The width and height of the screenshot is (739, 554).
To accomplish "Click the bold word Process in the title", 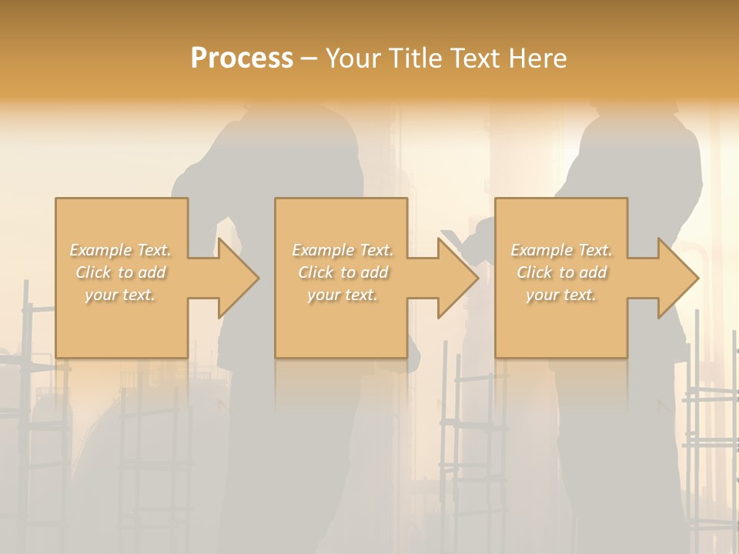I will [x=242, y=58].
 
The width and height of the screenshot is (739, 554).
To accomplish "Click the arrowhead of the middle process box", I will [x=457, y=278].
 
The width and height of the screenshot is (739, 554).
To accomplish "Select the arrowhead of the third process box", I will [x=677, y=278].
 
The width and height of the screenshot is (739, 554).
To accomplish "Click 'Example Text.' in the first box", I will [x=121, y=250].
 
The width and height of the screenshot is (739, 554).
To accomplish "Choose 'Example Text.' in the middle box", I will [x=343, y=250].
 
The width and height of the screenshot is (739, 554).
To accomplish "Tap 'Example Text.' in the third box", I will [x=561, y=250].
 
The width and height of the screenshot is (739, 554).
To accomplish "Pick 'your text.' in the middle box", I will [x=342, y=295].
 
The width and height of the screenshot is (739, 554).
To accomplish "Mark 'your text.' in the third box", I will [x=560, y=295].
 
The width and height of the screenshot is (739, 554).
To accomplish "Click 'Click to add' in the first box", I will [x=121, y=272].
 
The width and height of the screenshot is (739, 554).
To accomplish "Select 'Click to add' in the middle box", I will [x=343, y=272].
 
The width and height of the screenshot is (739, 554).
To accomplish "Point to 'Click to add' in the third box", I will [x=561, y=272].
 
